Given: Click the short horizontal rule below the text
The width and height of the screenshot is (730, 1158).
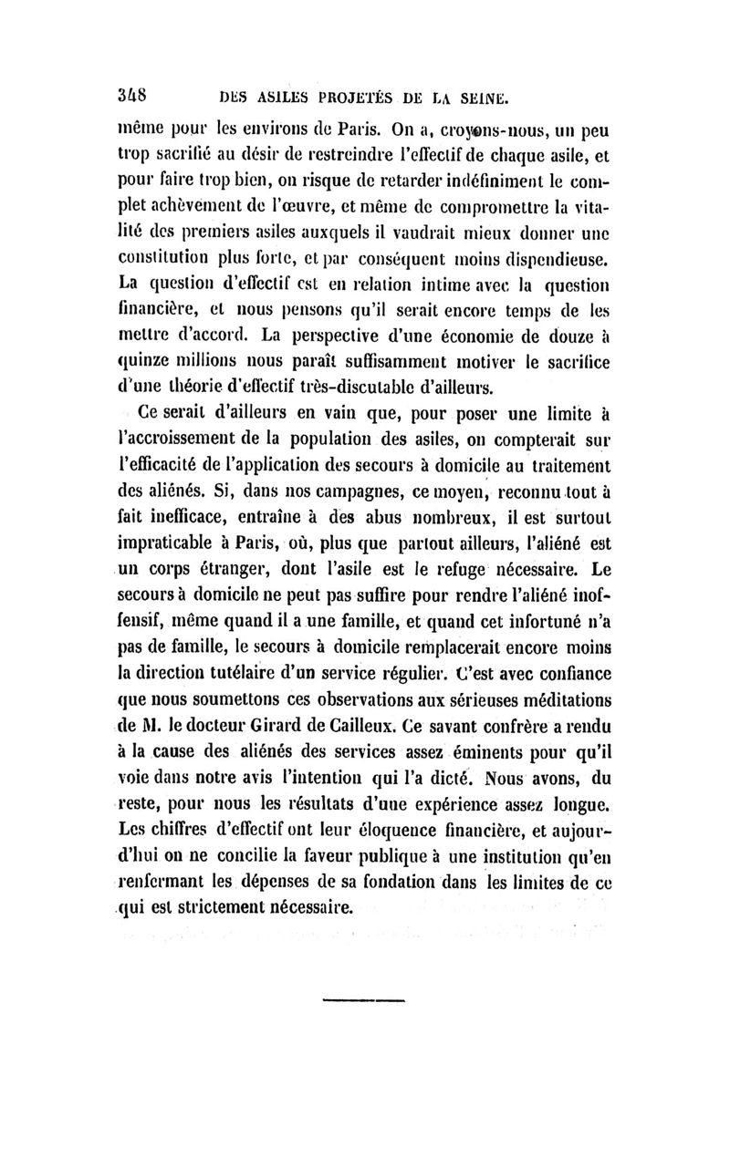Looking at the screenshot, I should (x=363, y=1000).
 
